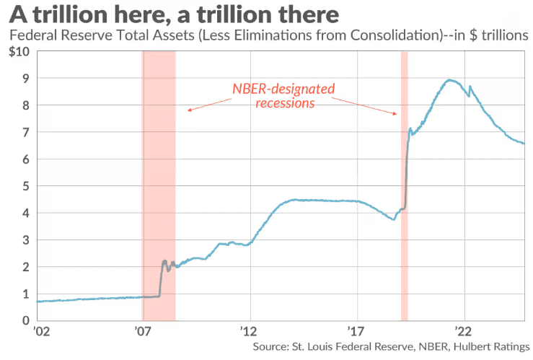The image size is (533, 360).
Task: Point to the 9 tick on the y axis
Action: (25, 79)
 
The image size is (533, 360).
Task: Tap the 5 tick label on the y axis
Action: (25, 186)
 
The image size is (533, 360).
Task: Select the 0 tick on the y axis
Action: (25, 320)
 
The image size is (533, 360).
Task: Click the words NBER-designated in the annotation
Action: (283, 89)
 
